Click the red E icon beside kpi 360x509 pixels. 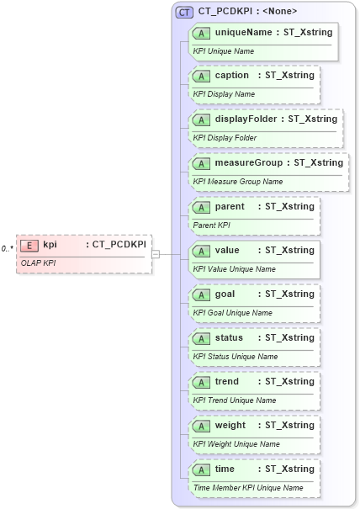(x=30, y=245)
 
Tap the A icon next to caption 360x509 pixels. (x=201, y=76)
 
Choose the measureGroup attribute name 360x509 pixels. (x=250, y=162)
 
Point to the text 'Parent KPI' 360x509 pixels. (x=212, y=225)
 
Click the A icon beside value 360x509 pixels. (x=201, y=251)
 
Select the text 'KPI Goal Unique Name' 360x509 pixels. (x=233, y=313)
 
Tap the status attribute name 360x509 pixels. (x=229, y=337)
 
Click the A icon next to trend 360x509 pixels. (x=201, y=382)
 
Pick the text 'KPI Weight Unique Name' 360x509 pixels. (x=236, y=444)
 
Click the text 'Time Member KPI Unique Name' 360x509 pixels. (x=248, y=488)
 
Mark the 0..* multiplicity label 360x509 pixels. (x=8, y=249)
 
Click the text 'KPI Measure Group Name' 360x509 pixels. (x=238, y=182)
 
